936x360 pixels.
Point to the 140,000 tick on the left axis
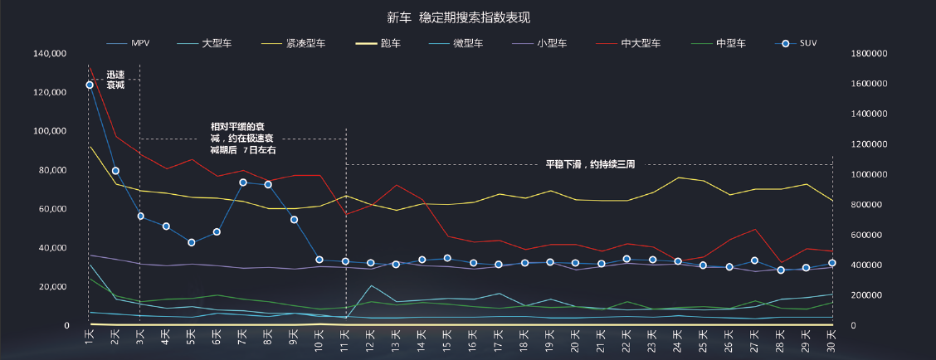tap(50, 54)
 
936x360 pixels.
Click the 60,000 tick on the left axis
tap(52, 209)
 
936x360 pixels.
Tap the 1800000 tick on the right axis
tap(867, 54)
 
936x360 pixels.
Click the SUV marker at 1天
tap(90, 85)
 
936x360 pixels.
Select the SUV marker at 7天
tap(243, 182)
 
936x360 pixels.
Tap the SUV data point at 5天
tap(192, 242)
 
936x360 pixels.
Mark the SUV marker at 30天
tap(832, 263)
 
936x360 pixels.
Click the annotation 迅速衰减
tap(115, 80)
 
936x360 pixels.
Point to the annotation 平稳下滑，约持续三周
tap(590, 164)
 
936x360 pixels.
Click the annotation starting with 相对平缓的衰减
tap(243, 139)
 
